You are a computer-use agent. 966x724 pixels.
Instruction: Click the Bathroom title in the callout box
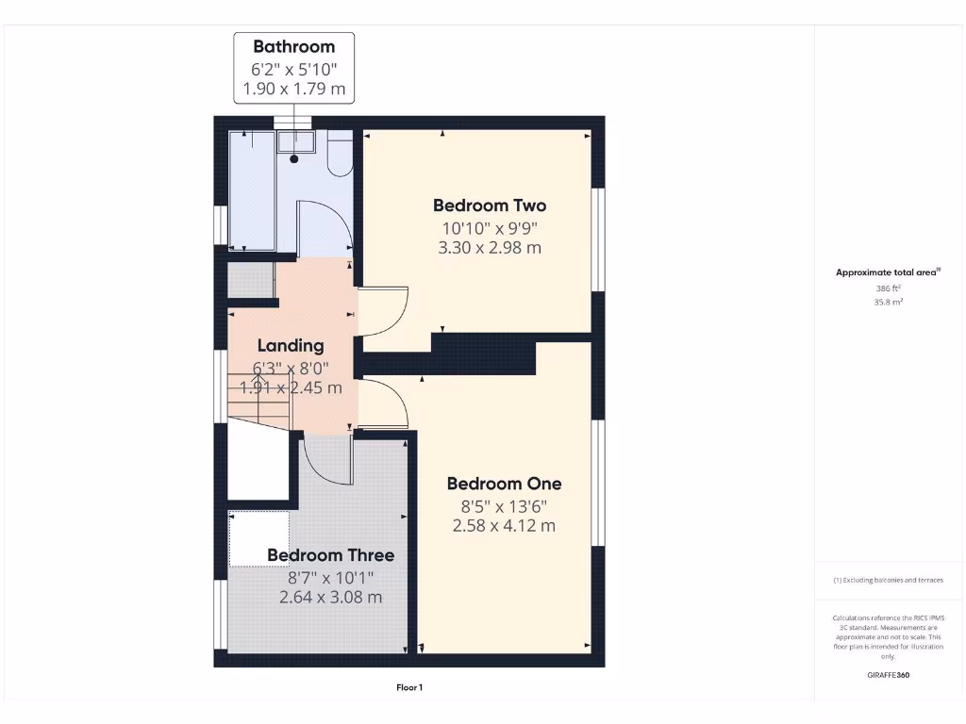[293, 46]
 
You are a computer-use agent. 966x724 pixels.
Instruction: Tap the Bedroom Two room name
[489, 206]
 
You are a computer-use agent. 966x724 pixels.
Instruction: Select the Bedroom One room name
[504, 484]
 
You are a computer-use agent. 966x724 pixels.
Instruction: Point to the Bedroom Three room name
[330, 555]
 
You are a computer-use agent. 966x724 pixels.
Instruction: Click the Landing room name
[290, 346]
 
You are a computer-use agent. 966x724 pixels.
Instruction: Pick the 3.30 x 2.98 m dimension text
[489, 248]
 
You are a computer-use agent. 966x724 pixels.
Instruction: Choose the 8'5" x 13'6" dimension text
[504, 505]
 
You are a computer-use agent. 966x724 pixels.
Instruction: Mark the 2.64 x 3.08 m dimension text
[330, 597]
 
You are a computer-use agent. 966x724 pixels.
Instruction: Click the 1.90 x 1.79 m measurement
[293, 90]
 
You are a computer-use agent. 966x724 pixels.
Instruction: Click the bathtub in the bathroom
[251, 190]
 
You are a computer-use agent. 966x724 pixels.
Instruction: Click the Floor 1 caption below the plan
[409, 688]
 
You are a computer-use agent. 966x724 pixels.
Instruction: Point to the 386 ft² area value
[888, 288]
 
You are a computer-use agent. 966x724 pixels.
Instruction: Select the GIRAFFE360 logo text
[888, 675]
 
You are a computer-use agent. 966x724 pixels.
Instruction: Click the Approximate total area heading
[888, 272]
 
